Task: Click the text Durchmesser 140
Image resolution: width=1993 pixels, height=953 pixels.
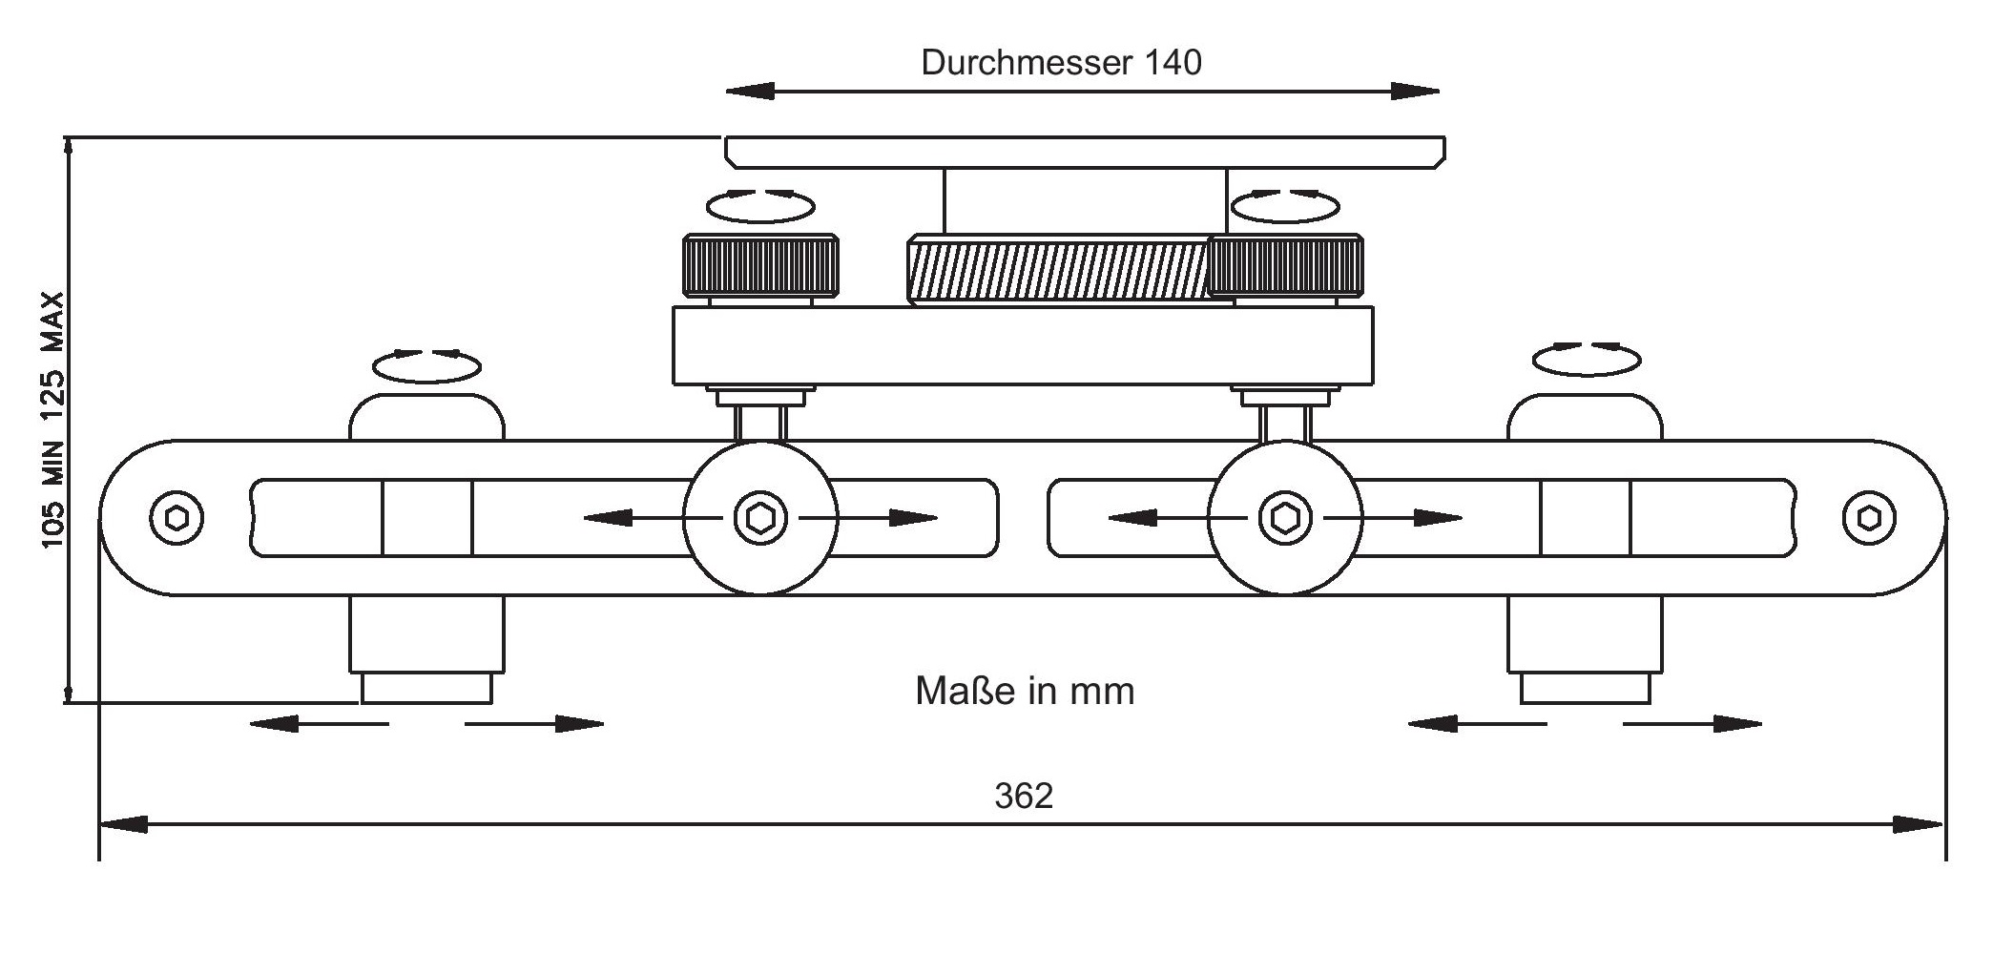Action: click(1061, 63)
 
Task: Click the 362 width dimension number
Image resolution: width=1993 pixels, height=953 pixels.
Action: click(1024, 796)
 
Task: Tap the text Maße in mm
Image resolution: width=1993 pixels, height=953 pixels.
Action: click(1025, 691)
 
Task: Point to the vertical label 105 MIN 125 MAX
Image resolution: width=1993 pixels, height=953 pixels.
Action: click(53, 420)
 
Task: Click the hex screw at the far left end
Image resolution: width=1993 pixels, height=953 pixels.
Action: click(176, 518)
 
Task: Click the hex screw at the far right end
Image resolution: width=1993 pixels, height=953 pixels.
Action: click(1868, 518)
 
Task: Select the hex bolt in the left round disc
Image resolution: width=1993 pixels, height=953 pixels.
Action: click(760, 518)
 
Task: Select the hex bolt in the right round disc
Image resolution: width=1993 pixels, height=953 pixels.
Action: click(1285, 518)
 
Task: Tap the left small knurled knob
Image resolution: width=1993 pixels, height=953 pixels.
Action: click(760, 266)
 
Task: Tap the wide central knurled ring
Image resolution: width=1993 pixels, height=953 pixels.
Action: click(1057, 269)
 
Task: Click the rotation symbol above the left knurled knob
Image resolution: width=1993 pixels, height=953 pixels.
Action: click(760, 205)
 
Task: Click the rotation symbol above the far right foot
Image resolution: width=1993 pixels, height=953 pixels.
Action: click(1587, 359)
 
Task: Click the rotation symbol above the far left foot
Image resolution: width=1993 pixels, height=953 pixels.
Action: click(426, 364)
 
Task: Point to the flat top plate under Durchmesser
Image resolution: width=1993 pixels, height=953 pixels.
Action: click(1085, 152)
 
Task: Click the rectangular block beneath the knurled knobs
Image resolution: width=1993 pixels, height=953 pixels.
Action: click(1023, 345)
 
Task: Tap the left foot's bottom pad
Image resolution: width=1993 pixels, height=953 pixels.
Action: click(426, 688)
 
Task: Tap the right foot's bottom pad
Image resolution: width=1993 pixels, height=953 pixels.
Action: click(1585, 688)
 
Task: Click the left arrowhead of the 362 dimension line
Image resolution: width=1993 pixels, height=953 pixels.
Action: click(124, 824)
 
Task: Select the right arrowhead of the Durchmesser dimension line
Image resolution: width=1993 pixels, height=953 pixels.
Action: click(1416, 92)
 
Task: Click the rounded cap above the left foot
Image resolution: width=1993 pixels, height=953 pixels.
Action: click(426, 418)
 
